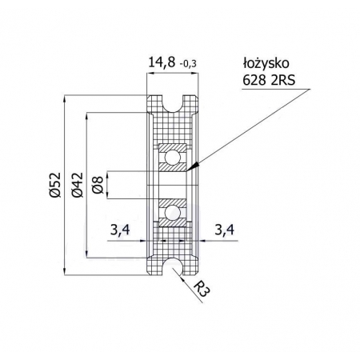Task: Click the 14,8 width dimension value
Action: (x=162, y=62)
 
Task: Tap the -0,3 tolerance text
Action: (x=188, y=64)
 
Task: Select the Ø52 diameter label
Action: (x=55, y=185)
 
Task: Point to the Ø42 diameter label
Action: (x=78, y=185)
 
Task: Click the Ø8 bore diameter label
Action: (x=98, y=185)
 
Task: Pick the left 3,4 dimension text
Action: (x=120, y=230)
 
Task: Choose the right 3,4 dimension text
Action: (x=225, y=230)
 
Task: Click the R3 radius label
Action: (x=201, y=290)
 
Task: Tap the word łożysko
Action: (x=266, y=63)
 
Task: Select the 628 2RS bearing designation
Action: (x=269, y=79)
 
